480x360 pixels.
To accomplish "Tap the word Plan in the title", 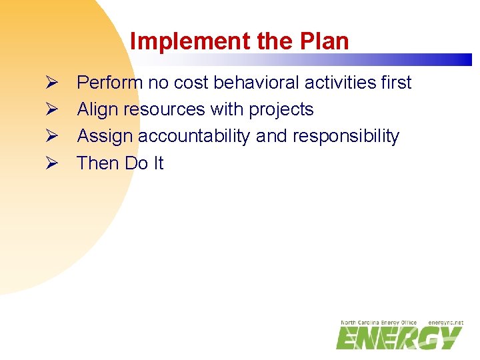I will tap(323, 41).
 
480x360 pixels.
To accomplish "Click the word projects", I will tap(281, 110).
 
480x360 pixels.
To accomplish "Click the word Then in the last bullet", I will tap(97, 163).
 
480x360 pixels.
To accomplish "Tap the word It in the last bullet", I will tap(157, 163).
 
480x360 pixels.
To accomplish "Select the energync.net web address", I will tap(445, 323).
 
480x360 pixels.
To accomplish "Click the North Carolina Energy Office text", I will tap(378, 323).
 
